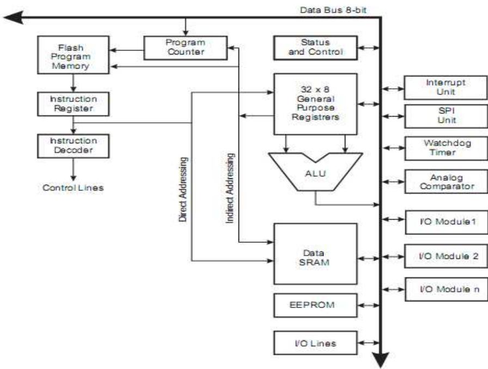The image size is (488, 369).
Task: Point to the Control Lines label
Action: (73, 188)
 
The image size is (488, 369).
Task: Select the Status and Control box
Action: (315, 47)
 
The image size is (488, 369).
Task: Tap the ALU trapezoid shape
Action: (315, 173)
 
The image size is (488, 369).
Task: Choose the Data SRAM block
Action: (315, 253)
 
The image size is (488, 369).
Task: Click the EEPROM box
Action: (315, 305)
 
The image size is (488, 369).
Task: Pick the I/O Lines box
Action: (315, 343)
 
